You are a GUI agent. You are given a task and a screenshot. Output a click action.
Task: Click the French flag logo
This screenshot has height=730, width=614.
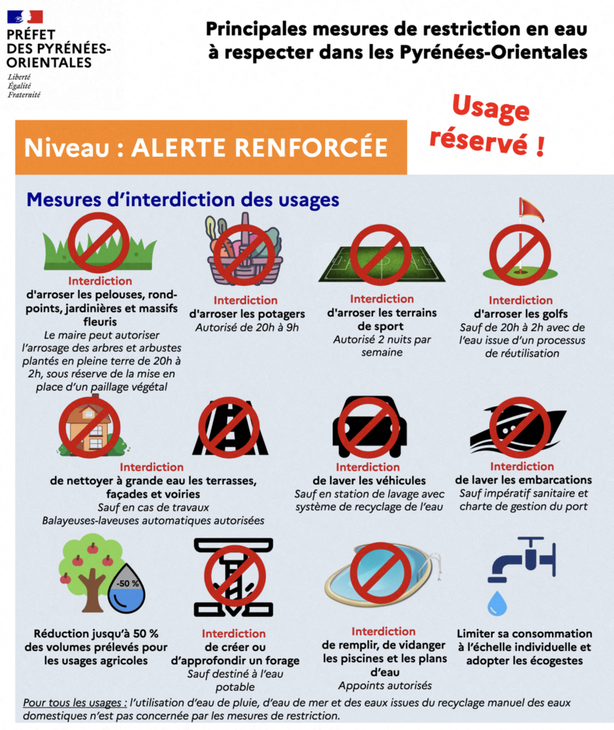25,17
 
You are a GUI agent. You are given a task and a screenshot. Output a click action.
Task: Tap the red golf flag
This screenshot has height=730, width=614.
531,210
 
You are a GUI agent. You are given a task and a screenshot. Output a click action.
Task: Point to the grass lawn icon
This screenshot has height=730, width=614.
99,249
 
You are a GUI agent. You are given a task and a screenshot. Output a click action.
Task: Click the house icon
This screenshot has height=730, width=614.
90,428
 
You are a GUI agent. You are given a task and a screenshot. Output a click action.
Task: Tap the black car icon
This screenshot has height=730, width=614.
369,427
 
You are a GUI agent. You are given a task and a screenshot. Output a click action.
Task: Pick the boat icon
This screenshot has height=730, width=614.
518,428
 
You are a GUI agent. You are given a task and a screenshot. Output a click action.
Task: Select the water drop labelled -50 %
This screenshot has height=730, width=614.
126,590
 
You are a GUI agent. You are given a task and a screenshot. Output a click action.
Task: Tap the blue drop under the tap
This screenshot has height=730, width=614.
497,602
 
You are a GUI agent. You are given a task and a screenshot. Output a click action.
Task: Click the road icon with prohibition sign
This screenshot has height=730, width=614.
230,427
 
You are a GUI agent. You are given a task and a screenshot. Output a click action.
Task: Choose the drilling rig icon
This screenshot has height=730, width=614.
234,577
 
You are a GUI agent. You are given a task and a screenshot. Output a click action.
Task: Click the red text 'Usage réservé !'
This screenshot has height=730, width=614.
488,125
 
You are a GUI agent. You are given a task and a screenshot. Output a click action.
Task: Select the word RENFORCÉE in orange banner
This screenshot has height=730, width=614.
311,148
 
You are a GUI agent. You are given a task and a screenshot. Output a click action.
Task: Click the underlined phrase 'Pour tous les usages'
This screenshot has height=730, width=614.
75,702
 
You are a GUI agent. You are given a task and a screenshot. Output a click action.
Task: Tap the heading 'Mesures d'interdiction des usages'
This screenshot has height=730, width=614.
183,200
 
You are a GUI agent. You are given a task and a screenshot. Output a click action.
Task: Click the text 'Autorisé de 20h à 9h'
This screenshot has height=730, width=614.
247,327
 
